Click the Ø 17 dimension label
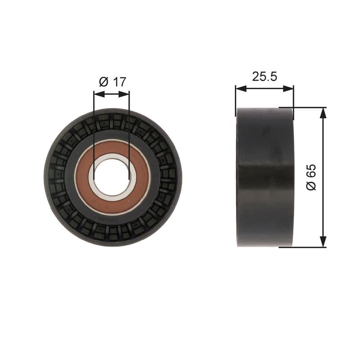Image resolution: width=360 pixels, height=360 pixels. (x=112, y=82)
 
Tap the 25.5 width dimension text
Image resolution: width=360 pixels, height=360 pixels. (x=264, y=76)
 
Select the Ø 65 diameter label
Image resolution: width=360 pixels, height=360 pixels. (x=311, y=177)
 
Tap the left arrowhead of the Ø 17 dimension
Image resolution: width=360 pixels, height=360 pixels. (x=97, y=94)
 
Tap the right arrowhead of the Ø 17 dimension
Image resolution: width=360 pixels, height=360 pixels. (x=126, y=94)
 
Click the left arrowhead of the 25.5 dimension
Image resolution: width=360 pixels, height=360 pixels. (x=239, y=89)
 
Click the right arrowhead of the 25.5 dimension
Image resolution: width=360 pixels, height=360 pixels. (x=290, y=89)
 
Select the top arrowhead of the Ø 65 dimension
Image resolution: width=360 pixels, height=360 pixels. (x=323, y=112)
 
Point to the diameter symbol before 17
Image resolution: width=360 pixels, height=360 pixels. (x=103, y=82)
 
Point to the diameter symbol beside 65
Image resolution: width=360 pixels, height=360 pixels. (x=311, y=185)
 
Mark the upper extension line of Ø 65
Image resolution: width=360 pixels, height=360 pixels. (x=310, y=108)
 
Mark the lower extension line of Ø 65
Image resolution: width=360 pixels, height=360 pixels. (x=310, y=247)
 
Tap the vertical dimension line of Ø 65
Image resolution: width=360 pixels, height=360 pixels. (x=323, y=148)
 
